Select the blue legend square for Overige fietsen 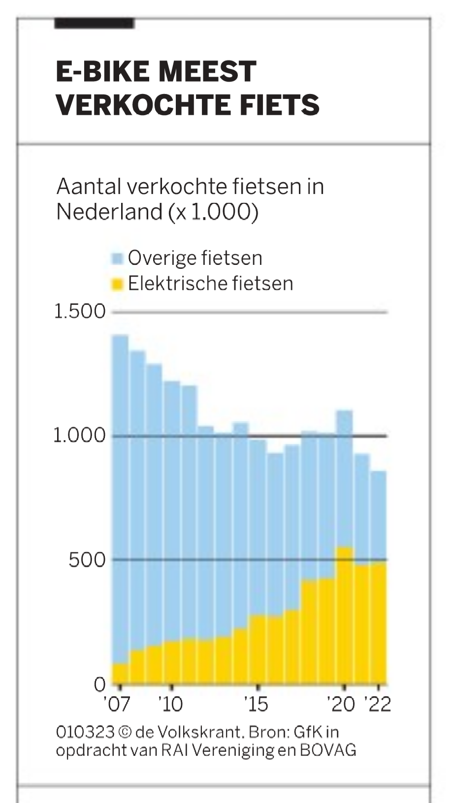tap(117, 258)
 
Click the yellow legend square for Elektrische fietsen tap(117, 284)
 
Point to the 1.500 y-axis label tap(80, 311)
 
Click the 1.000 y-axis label tap(80, 436)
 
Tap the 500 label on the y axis tap(87, 560)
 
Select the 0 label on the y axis tap(99, 685)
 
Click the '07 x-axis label tap(117, 705)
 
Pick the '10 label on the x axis tap(170, 705)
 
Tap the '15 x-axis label tap(256, 705)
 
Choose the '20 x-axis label tap(342, 705)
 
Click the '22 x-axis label tap(378, 705)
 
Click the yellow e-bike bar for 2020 tap(345, 615)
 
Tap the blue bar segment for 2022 tap(378, 517)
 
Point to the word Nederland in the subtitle tap(109, 212)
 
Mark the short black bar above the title tap(94, 23)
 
